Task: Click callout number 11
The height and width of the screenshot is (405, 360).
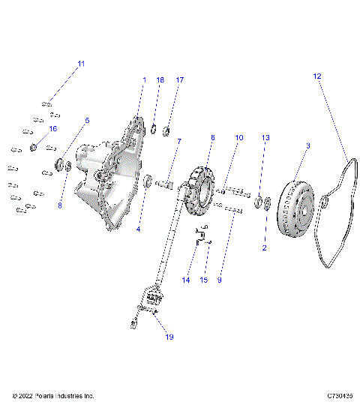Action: (82, 64)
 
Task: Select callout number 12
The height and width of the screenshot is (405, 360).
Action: (316, 76)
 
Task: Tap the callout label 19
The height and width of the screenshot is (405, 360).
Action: (169, 337)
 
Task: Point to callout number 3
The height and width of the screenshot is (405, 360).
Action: (307, 145)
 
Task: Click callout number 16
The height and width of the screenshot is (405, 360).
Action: (52, 129)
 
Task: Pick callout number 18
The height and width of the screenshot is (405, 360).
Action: (160, 79)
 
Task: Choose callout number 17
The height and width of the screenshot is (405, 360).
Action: (179, 79)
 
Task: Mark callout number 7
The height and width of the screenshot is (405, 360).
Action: (178, 141)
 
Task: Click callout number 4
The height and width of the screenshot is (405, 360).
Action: (138, 229)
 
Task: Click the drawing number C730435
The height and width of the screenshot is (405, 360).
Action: (339, 395)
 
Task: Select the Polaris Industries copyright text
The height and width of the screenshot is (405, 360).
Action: (53, 395)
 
